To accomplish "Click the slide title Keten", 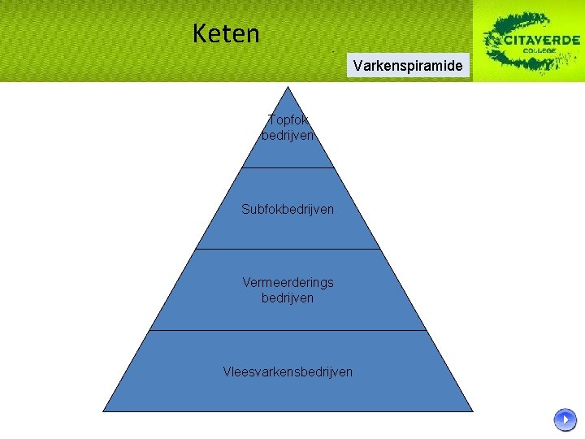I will (226, 34).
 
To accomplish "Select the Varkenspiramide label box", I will (409, 65).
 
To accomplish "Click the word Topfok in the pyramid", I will (288, 120).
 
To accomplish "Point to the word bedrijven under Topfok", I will (288, 136).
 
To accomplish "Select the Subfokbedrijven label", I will (288, 209).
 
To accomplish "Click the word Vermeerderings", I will (288, 282).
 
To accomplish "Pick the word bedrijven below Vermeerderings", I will (288, 298).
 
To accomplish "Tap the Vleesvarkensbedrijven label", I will (288, 372).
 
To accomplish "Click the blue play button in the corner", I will (565, 419).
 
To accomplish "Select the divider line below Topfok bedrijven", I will (288, 167).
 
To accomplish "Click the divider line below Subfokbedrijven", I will (288, 249).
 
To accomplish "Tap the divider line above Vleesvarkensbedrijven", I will (288, 330).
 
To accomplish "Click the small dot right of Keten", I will (333, 50).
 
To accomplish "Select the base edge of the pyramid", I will (288, 411).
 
